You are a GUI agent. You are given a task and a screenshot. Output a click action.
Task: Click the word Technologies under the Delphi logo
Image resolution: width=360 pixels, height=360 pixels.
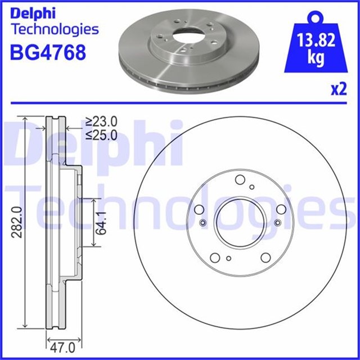pyautogui.click(x=55, y=29)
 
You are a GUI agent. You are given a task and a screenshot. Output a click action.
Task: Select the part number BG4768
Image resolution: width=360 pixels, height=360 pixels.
pyautogui.click(x=48, y=52)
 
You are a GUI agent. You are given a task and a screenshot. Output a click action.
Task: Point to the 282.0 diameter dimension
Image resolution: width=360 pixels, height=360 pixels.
pyautogui.click(x=19, y=223)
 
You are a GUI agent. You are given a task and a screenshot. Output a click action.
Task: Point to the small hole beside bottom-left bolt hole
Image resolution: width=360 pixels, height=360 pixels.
pyautogui.click(x=229, y=258)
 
